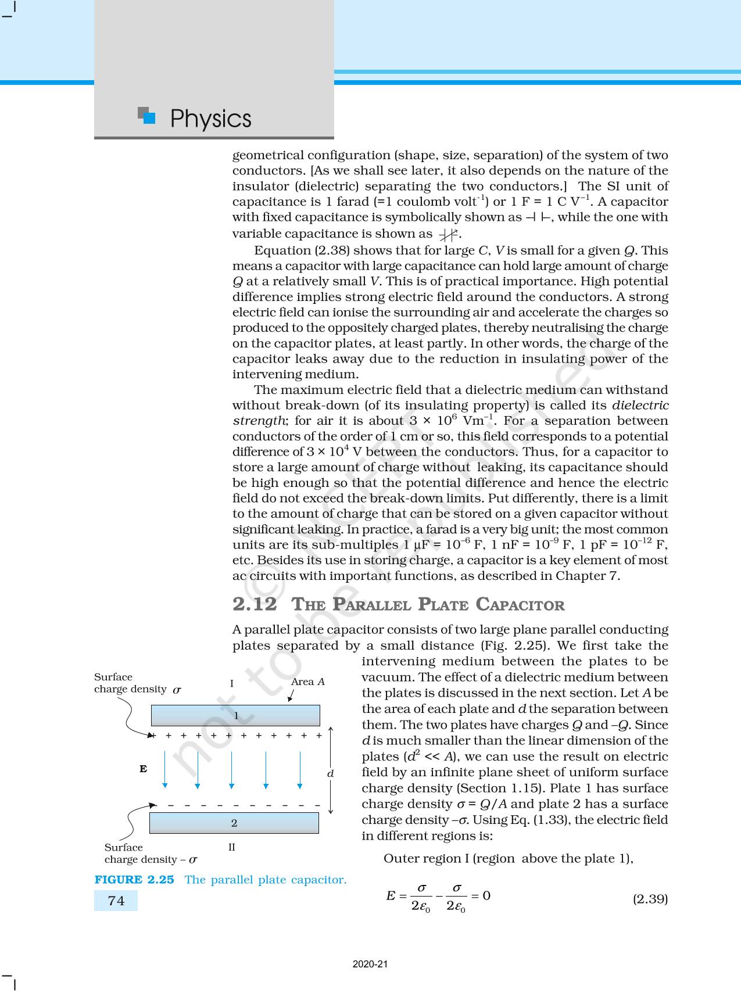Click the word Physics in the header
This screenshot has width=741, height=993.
pyautogui.click(x=210, y=119)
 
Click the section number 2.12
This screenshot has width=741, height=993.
pyautogui.click(x=255, y=604)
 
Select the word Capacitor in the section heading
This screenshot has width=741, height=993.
pyautogui.click(x=520, y=604)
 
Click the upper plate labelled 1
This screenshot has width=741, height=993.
pyautogui.click(x=235, y=715)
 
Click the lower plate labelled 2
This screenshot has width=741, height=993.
pyautogui.click(x=234, y=823)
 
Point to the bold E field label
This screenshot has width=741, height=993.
pyautogui.click(x=143, y=769)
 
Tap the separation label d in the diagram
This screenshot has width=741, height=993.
pyautogui.click(x=330, y=773)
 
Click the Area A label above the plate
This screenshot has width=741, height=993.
pyautogui.click(x=307, y=682)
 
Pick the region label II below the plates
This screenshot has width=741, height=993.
pyautogui.click(x=232, y=847)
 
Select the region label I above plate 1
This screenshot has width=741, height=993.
pyautogui.click(x=232, y=683)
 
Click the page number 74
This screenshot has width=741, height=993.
pyautogui.click(x=116, y=901)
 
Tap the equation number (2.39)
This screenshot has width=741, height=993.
pyautogui.click(x=650, y=899)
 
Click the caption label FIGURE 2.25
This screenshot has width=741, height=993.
pyautogui.click(x=134, y=880)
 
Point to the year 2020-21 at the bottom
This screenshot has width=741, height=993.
pyautogui.click(x=370, y=964)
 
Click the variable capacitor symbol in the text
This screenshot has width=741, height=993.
pyautogui.click(x=448, y=234)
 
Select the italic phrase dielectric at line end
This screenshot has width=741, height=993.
pyautogui.click(x=640, y=405)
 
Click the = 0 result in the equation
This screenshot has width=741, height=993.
pyautogui.click(x=481, y=895)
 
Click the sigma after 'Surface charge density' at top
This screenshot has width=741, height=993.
pyautogui.click(x=177, y=690)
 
